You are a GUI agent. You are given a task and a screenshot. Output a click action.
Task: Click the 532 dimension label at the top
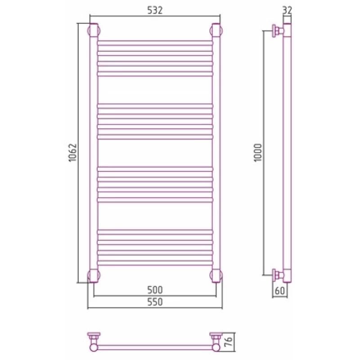coord(155,10)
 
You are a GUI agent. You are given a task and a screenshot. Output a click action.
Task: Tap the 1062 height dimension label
coord(72,153)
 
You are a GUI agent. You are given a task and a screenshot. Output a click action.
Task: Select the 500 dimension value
coord(155,290)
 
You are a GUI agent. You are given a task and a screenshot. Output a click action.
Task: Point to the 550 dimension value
coord(155,301)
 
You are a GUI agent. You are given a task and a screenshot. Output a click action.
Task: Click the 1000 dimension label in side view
coord(258,153)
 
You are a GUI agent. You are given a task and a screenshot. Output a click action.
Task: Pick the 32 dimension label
coord(287,10)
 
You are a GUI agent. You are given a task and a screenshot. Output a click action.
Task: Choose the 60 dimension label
coord(279,291)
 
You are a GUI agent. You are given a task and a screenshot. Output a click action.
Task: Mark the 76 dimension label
coord(229,342)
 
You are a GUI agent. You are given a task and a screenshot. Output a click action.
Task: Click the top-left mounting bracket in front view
coord(94,30)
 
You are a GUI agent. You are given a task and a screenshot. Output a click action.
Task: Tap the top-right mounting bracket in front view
coord(216,30)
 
